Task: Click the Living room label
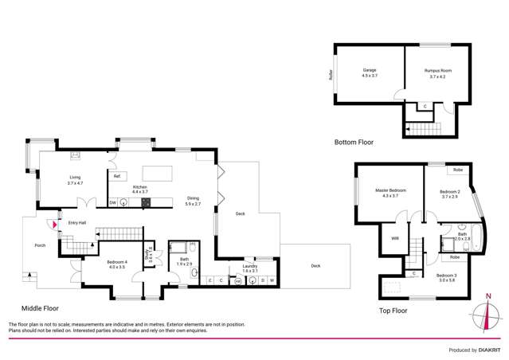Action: tap(76, 180)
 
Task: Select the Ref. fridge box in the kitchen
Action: tap(117, 176)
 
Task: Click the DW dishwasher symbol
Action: tap(113, 202)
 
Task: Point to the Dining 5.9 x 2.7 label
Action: tap(194, 201)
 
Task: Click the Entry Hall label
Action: tap(77, 223)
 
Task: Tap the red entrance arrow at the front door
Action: tap(54, 225)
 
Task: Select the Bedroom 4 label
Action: tap(116, 264)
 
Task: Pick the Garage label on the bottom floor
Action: tap(370, 72)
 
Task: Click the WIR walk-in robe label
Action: tap(394, 238)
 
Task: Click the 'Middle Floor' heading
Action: tap(40, 307)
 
